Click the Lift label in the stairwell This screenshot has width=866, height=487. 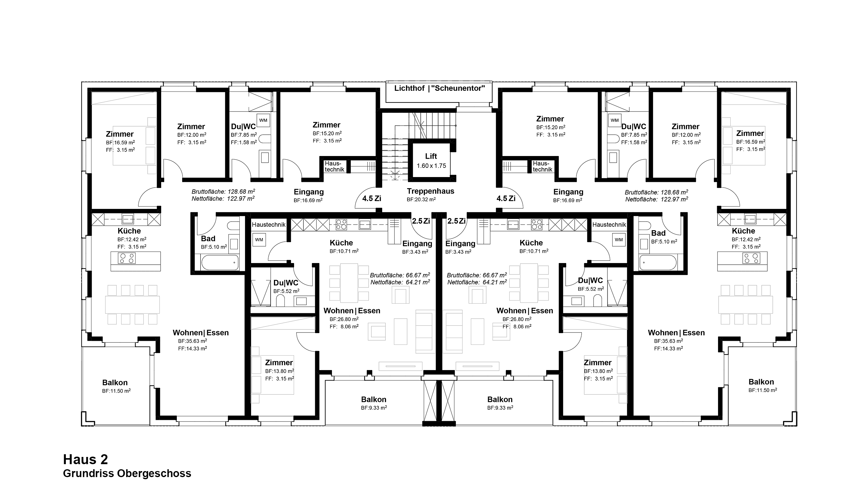coord(431,156)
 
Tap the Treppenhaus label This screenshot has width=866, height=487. coord(431,191)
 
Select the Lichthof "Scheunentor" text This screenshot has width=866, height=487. coord(440,88)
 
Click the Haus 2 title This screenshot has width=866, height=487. coord(85,459)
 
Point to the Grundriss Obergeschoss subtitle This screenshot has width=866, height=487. coord(127,473)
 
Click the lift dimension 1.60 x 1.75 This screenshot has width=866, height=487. coord(431,166)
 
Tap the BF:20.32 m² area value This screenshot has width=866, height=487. coord(421,199)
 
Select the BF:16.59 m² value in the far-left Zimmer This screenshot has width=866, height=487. coord(120,142)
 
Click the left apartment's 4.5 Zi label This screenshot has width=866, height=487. coord(371,199)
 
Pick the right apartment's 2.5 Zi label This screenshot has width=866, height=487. coord(456,221)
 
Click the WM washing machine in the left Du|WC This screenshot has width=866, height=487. coord(263,120)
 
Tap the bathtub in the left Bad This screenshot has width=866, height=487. coord(220,262)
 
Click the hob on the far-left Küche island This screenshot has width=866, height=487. coord(127,258)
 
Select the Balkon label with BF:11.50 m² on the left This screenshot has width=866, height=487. coord(115,383)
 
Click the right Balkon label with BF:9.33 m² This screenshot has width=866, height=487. coord(500,400)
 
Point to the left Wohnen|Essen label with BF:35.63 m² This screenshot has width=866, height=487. coord(201,333)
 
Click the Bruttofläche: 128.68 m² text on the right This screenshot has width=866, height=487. coord(656,192)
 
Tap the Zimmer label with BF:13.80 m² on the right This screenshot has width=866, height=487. coord(598,363)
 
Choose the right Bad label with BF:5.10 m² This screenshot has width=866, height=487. coord(658,233)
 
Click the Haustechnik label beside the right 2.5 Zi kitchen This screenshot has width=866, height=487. coord(609,225)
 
